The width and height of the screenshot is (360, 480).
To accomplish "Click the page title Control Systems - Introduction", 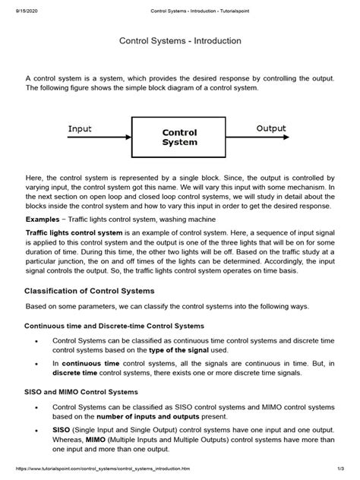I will click(x=180, y=40).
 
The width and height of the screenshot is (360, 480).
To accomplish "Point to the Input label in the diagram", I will click(x=80, y=128).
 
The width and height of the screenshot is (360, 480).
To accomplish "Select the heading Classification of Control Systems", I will click(x=101, y=291).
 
